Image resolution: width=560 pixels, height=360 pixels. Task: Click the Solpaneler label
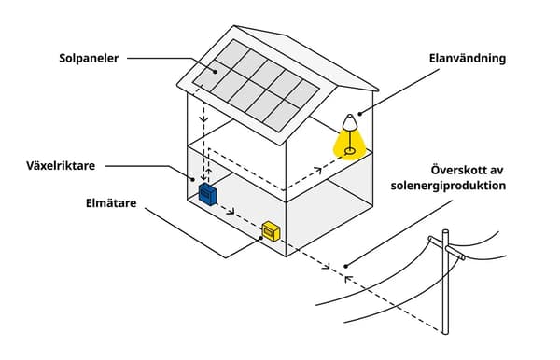pos(90,59)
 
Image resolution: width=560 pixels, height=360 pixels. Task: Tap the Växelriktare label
pos(63,165)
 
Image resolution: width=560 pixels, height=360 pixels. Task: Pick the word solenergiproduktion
pos(448,186)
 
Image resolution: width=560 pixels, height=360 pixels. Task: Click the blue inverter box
pos(207,193)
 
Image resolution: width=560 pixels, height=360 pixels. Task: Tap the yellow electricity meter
pos(271,230)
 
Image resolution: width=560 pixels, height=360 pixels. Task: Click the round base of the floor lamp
pos(350,150)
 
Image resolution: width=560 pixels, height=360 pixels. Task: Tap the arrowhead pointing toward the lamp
pos(317,170)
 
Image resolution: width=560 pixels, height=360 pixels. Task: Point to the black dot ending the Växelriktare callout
pos(194,181)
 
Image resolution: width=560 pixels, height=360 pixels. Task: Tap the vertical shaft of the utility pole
pos(446,298)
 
